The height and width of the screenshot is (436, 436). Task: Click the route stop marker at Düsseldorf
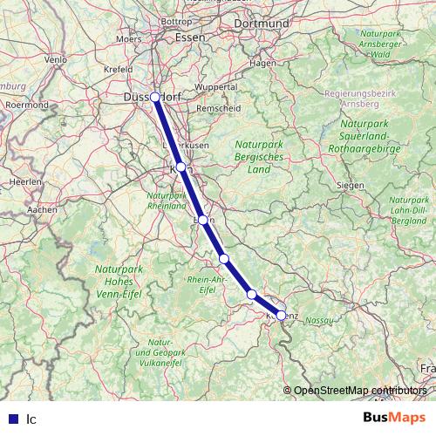154,97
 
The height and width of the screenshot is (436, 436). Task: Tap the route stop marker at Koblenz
281,315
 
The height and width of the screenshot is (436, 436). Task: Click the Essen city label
189,37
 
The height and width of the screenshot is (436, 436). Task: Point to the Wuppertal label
217,87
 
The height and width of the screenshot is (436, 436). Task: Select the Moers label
130,38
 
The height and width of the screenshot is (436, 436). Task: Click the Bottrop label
177,19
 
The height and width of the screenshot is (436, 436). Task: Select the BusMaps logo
394,417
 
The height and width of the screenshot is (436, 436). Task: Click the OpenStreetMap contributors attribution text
359,391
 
